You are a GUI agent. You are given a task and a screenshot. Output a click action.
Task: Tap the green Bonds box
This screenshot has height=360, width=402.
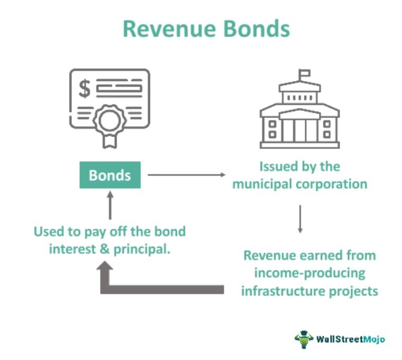tap(110, 175)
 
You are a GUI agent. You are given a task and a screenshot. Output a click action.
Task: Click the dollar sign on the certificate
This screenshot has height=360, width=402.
tap(85, 89)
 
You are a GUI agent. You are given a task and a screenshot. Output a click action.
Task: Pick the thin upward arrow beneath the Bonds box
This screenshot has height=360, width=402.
tap(110, 205)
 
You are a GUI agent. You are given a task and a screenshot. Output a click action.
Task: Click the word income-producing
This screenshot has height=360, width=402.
tap(309, 273)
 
